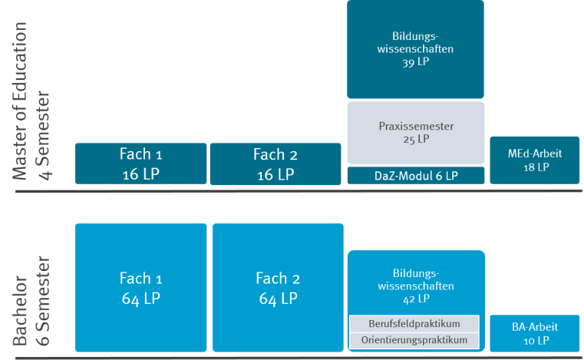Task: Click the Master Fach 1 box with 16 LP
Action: coord(141,163)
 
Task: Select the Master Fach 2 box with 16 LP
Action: coord(274,163)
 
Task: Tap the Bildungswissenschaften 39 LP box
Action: coord(415,48)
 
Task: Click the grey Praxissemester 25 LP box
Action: coord(415,133)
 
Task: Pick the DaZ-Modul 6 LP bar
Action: coord(415,176)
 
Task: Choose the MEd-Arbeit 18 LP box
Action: coord(535,160)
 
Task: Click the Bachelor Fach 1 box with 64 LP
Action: coord(141,287)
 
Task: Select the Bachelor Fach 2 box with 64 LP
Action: coord(278,287)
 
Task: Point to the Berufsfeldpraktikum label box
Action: coord(415,322)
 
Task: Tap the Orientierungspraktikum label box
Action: coord(415,339)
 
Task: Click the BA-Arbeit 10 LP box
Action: coord(535,333)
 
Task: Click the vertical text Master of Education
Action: coord(20,100)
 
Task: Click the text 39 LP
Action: coord(415,63)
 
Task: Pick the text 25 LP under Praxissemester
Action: coord(415,140)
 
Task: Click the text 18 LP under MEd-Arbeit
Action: coord(535,167)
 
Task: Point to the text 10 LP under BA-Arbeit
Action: coord(535,340)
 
